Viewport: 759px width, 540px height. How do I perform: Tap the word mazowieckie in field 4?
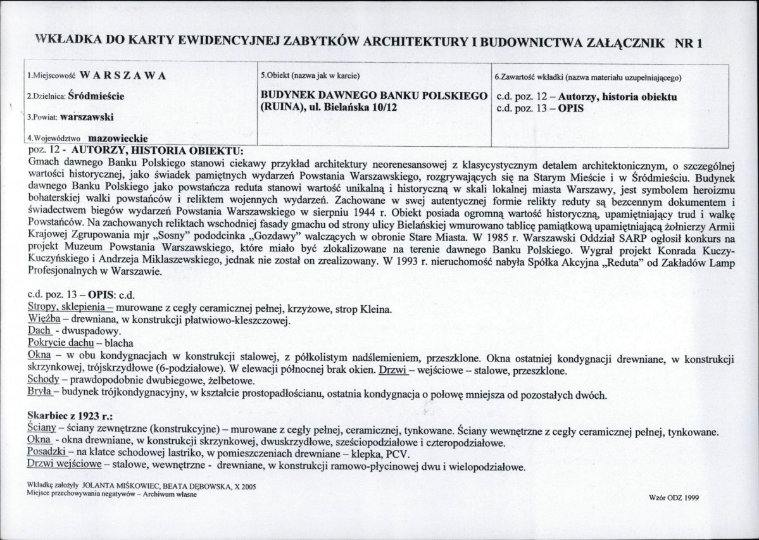tap(118, 138)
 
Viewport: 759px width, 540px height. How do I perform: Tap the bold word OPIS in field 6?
tap(572, 108)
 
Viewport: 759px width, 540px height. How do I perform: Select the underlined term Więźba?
tap(42, 320)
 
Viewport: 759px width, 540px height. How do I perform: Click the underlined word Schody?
tap(43, 380)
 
